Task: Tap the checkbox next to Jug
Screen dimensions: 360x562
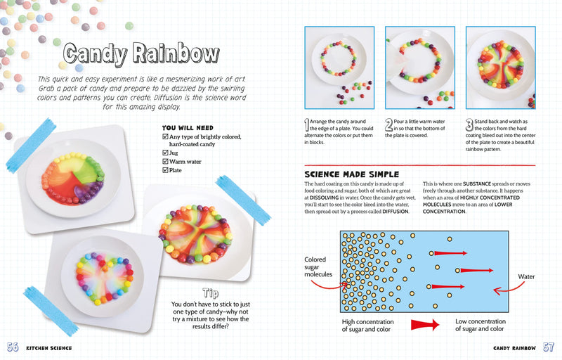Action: pos(165,152)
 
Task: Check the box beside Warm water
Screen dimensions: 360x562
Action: pos(165,161)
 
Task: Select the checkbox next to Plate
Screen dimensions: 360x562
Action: pos(165,170)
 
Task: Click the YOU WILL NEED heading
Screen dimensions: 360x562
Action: pos(188,128)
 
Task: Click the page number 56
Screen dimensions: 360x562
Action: pos(13,347)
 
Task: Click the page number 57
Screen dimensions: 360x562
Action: pos(548,347)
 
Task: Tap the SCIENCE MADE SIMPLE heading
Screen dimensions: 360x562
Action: pos(351,174)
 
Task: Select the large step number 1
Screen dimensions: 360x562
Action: pos(306,125)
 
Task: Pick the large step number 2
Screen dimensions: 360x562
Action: pos(388,125)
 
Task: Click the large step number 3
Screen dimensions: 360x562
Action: pos(469,125)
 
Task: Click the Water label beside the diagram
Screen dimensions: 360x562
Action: pos(526,277)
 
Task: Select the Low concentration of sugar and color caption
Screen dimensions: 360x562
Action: pos(480,325)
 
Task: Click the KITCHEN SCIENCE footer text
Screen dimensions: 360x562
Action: pos(48,348)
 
